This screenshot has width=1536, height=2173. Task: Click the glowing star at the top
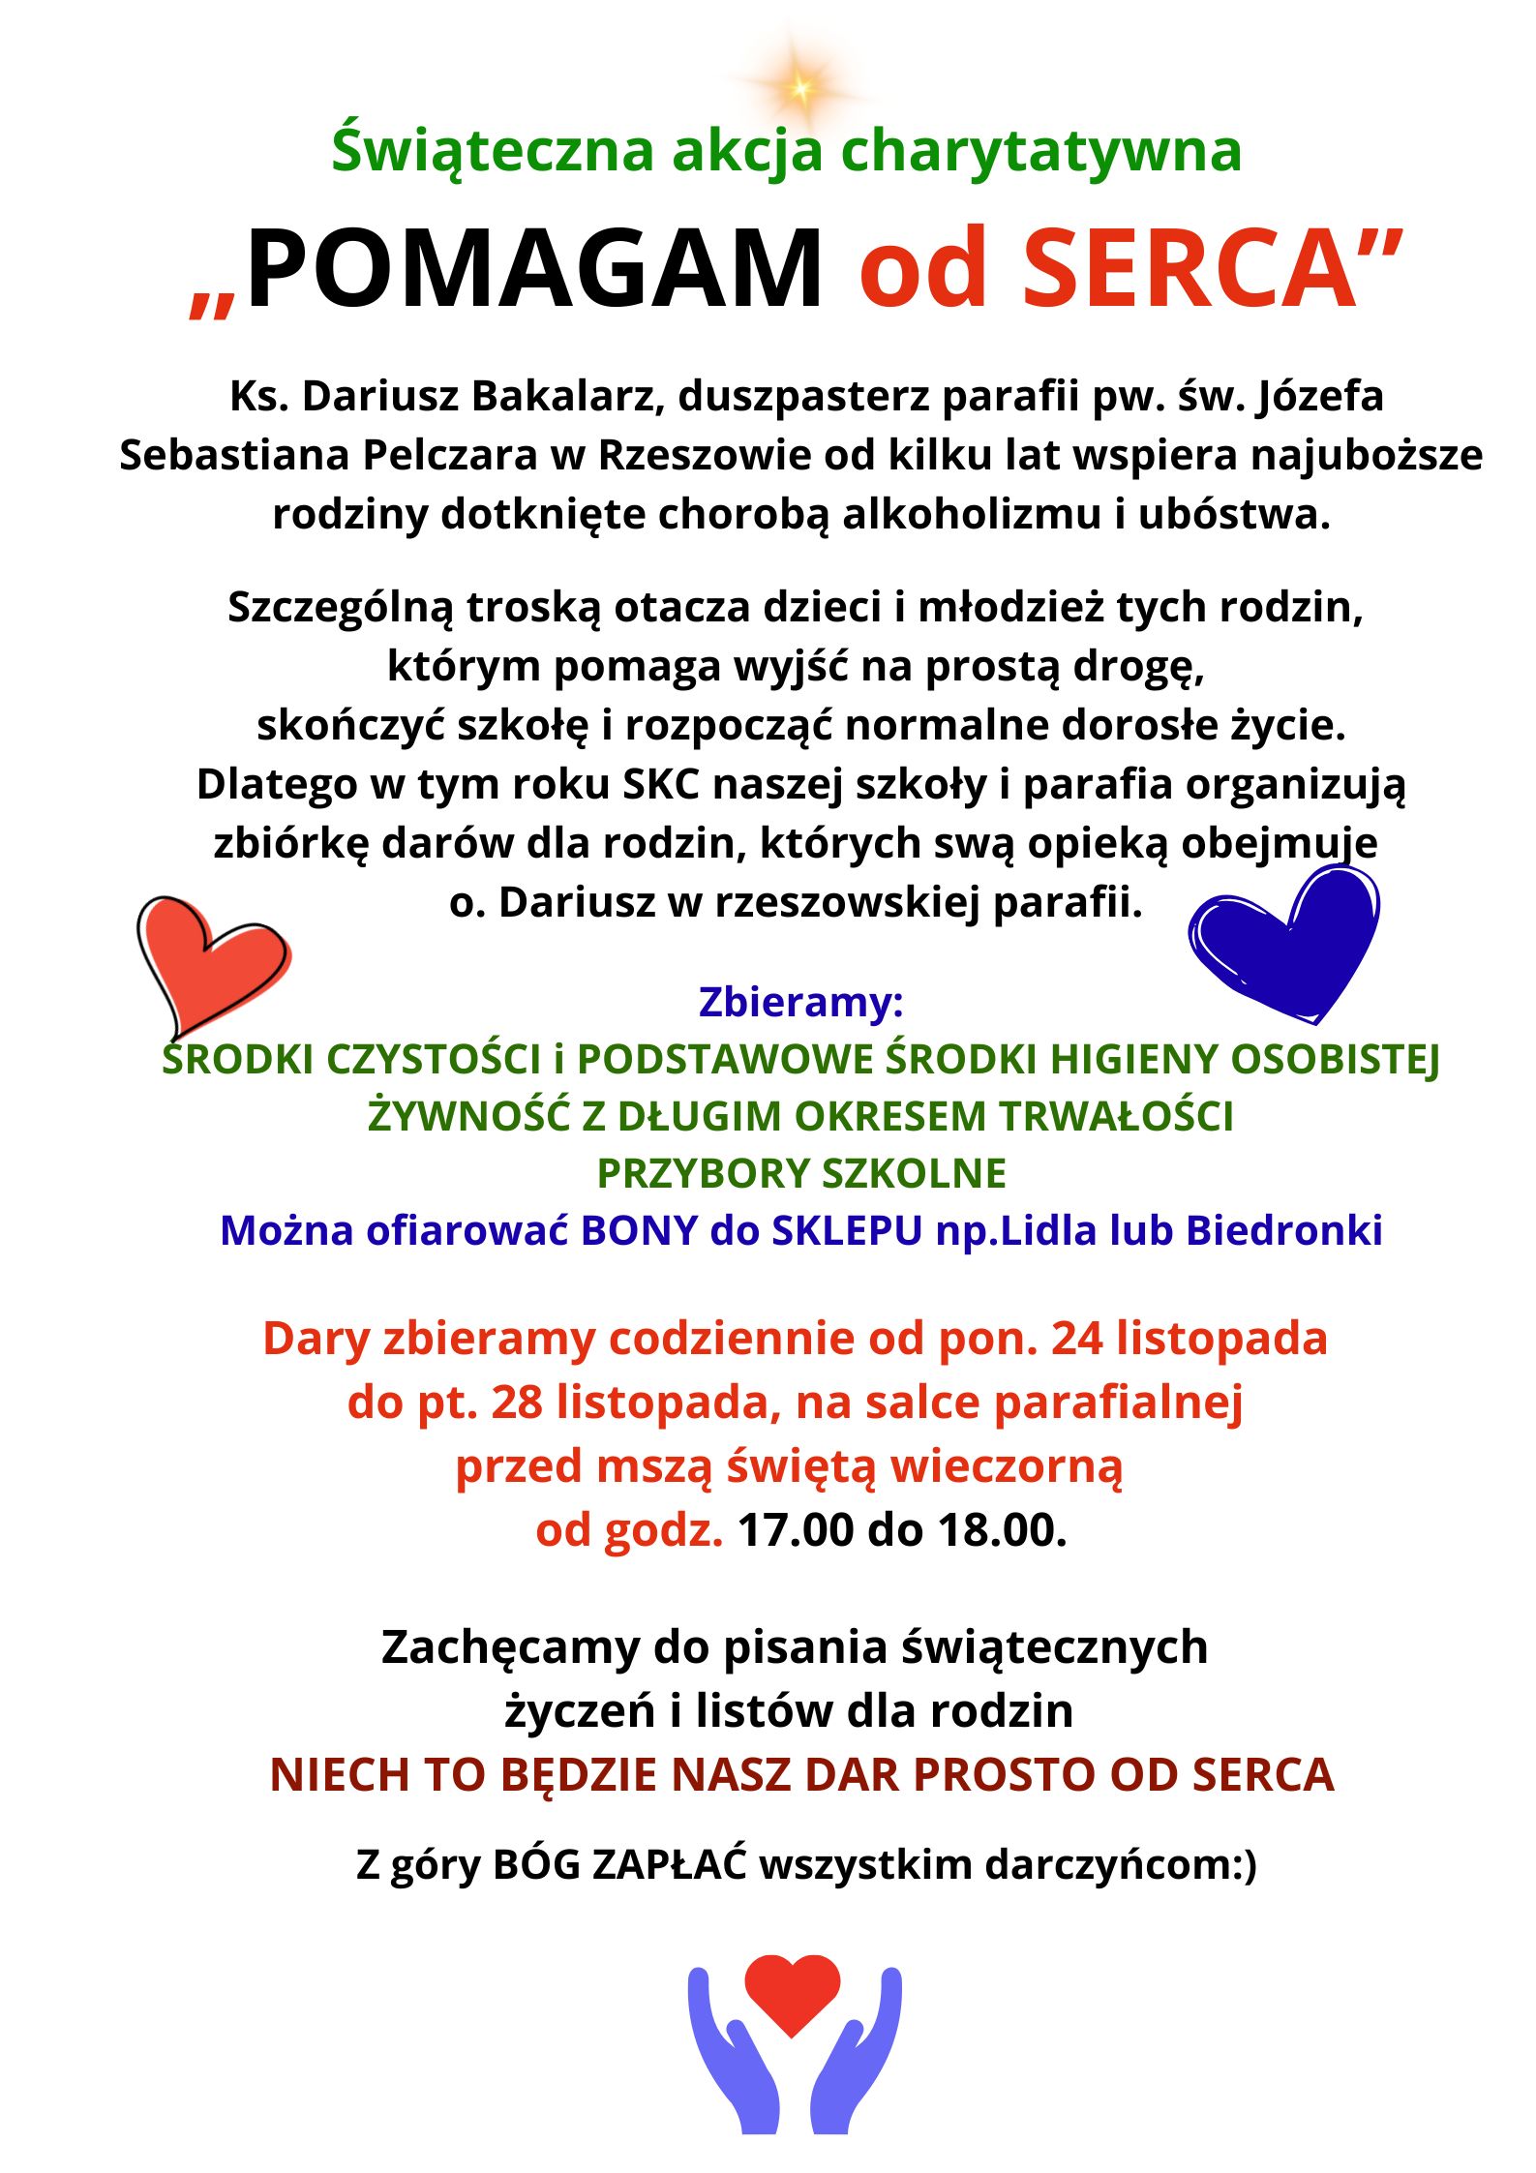pos(800,88)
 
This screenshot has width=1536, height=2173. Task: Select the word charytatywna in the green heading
pos(1040,151)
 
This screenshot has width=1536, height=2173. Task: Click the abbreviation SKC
pos(660,784)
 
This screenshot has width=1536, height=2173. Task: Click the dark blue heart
pos(1285,942)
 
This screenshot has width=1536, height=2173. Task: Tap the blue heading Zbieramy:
pos(800,1002)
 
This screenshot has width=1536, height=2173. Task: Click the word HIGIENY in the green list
pos(1133,1059)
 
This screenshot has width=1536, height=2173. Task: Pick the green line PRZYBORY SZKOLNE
pos(800,1173)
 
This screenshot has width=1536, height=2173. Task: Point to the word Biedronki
pos(1283,1230)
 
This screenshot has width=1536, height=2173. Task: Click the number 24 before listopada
pos(1076,1339)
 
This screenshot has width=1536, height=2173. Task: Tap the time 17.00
pos(796,1530)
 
